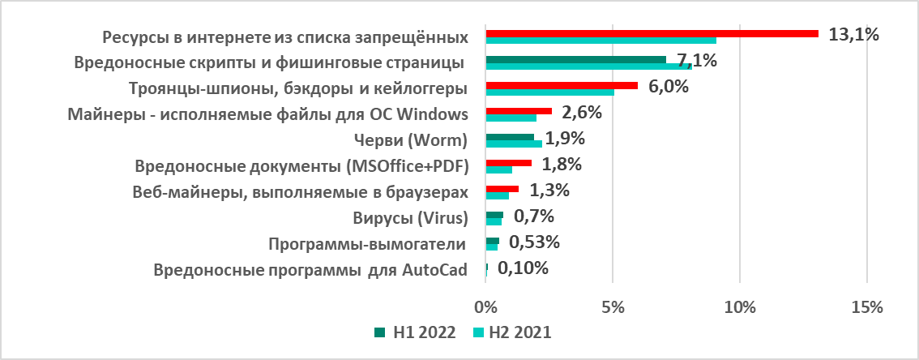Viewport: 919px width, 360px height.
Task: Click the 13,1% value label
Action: coord(853,34)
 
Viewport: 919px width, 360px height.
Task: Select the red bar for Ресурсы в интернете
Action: coord(652,33)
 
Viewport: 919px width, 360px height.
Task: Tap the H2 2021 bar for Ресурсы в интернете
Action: coord(601,41)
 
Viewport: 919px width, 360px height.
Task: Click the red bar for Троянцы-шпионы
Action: coord(562,85)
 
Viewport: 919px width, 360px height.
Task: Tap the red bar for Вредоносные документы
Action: coord(508,163)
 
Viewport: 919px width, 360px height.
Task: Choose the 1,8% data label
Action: coord(562,165)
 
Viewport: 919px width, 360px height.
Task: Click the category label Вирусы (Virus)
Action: coord(411,217)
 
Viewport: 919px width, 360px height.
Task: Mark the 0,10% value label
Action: coord(524,268)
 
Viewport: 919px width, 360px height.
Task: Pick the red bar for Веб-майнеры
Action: coord(502,189)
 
